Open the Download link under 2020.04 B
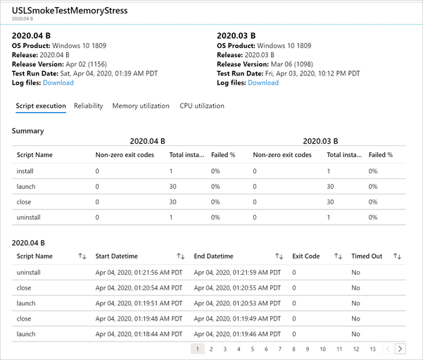coord(58,82)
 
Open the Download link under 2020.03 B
coord(263,82)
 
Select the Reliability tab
coord(88,106)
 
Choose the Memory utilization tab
coord(141,106)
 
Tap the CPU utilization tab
coord(202,106)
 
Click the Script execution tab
coord(41,106)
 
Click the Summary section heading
coord(28,130)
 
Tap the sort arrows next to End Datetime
coord(279,256)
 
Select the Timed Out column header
coord(366,256)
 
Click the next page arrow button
coord(400,349)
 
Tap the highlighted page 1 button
coord(198,349)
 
